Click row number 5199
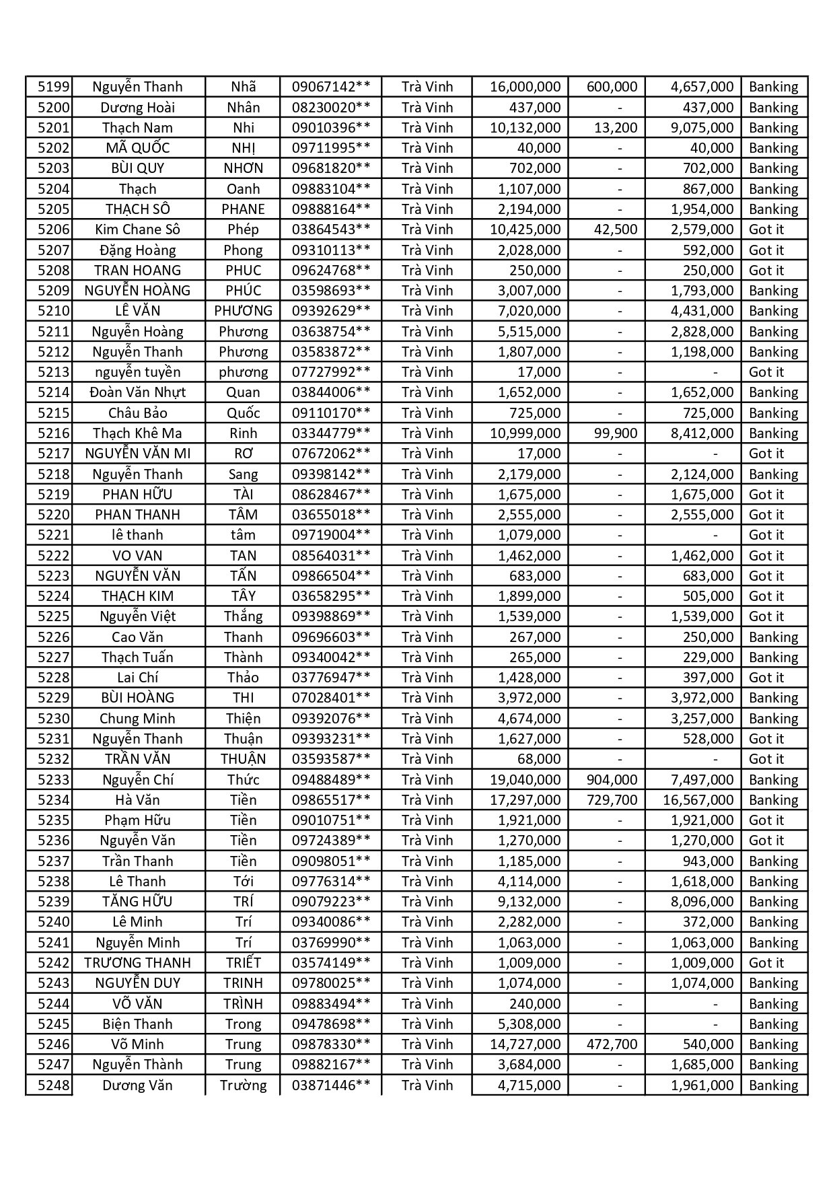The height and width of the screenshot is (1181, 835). click(x=54, y=87)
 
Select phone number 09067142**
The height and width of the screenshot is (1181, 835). click(x=331, y=87)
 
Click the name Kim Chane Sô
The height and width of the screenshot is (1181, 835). click(x=137, y=229)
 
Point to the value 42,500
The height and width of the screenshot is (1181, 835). click(x=616, y=229)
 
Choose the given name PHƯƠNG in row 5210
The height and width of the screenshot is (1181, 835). click(x=243, y=311)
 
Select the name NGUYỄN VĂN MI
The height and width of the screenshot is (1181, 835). click(x=137, y=454)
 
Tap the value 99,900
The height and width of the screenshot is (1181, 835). click(x=616, y=433)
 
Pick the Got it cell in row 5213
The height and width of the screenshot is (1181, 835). click(x=766, y=372)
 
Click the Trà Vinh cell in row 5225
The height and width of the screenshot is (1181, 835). click(x=427, y=616)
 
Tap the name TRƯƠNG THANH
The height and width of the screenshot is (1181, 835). click(x=137, y=963)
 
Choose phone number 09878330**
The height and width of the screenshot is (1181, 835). click(x=331, y=1044)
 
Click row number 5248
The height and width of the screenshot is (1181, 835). click(x=54, y=1085)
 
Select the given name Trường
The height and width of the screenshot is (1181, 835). click(x=243, y=1085)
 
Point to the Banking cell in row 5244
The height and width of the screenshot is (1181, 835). click(x=773, y=1004)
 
